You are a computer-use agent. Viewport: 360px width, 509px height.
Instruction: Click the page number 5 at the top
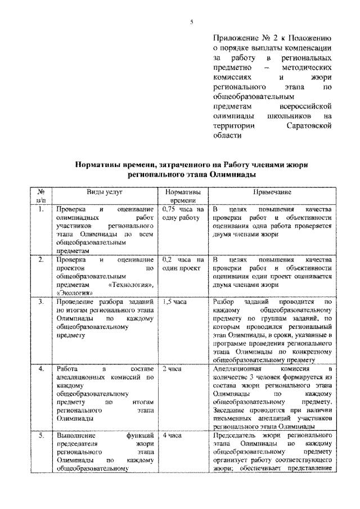click(191, 22)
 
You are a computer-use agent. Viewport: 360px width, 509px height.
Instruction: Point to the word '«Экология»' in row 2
click(74, 294)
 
